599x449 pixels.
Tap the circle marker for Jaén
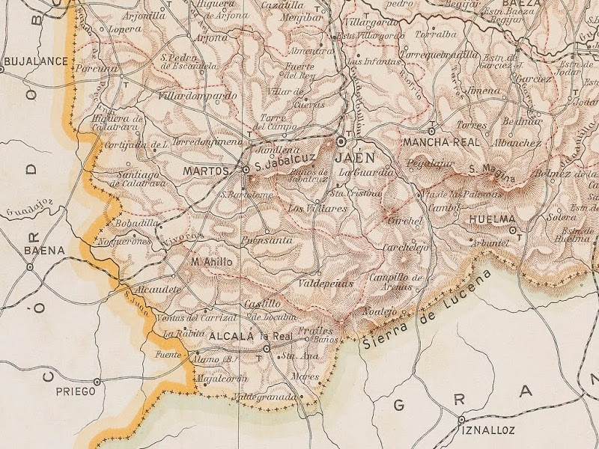coord(341,141)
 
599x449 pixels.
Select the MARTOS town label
coord(206,171)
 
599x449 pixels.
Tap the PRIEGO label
coord(76,391)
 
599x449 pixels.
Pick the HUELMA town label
coord(491,219)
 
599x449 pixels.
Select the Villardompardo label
coord(198,96)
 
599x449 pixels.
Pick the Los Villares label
coord(317,208)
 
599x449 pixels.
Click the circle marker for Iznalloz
coord(462,420)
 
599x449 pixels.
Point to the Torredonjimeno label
coord(208,140)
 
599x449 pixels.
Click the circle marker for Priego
coord(97,381)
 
